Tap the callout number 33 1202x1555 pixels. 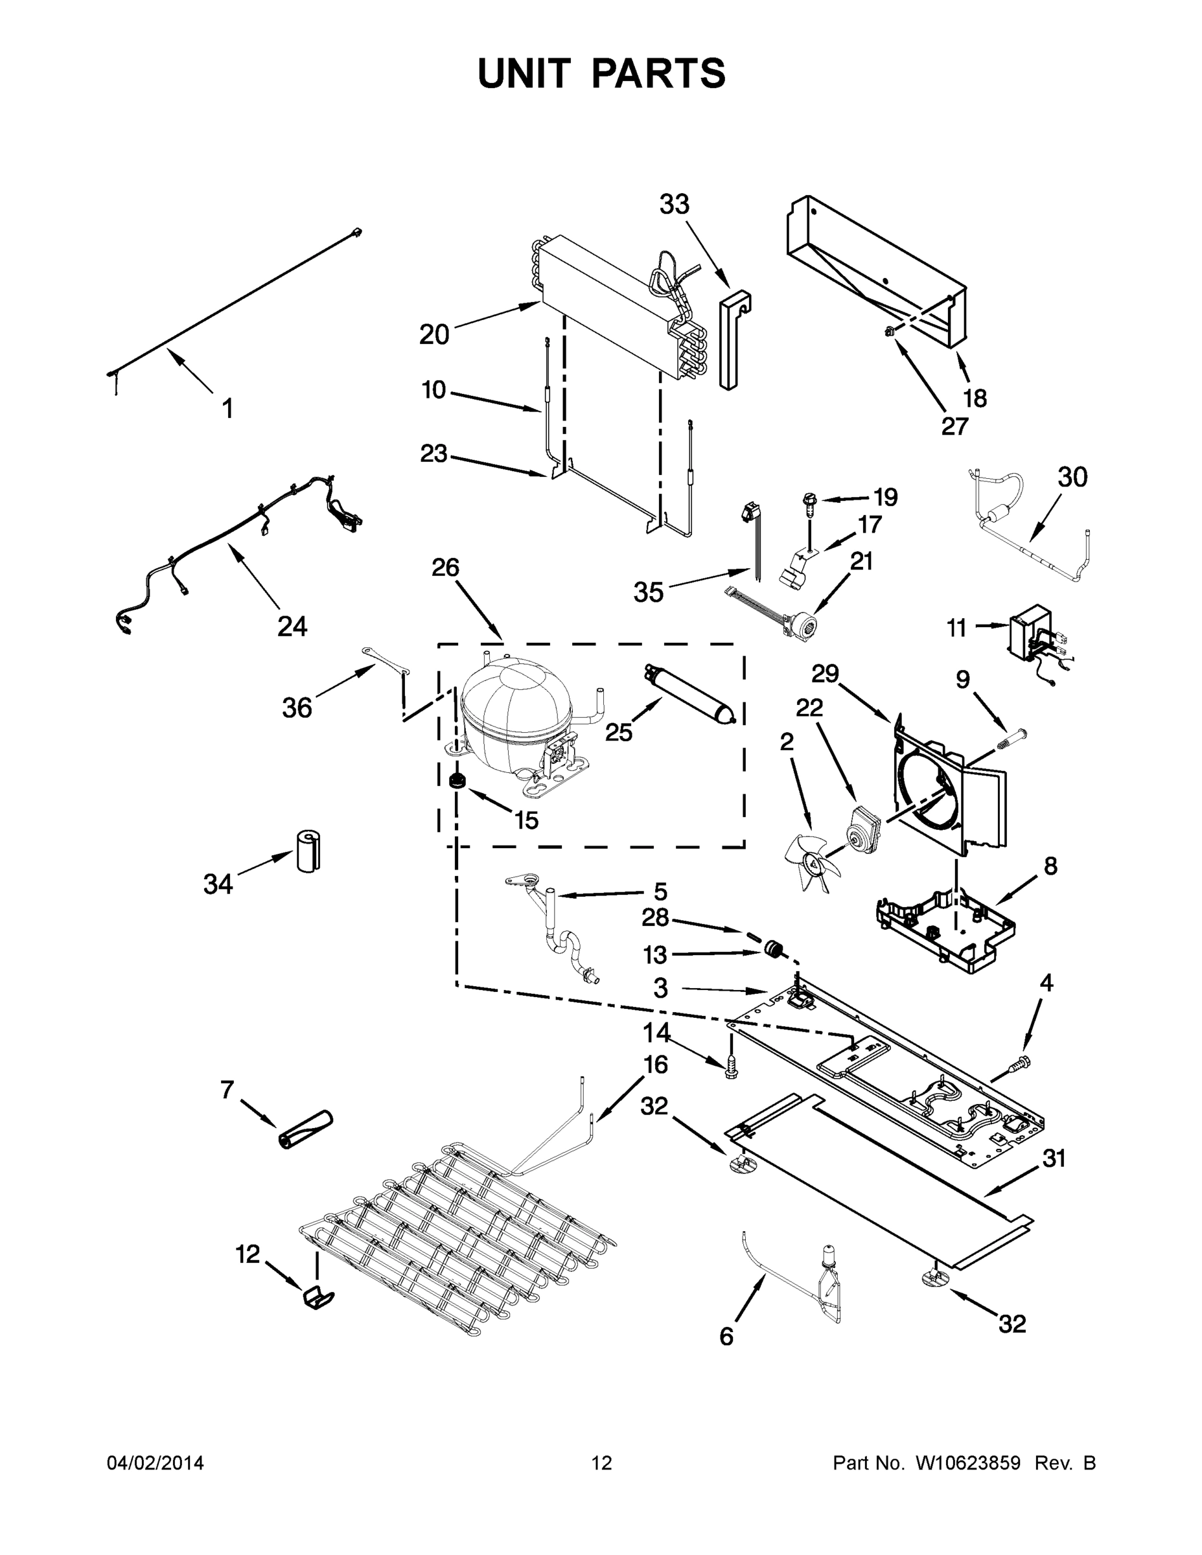point(674,205)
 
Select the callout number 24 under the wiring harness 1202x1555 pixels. point(292,627)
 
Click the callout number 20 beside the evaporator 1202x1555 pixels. point(433,334)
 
